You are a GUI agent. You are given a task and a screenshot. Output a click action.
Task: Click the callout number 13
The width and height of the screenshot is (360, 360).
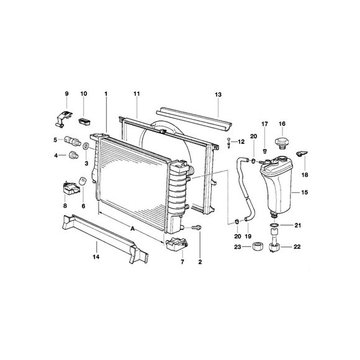click(x=218, y=94)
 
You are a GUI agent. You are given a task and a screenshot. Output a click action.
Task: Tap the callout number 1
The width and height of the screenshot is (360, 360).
click(x=106, y=94)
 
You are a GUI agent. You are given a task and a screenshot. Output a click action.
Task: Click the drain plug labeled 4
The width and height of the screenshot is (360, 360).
click(x=75, y=155)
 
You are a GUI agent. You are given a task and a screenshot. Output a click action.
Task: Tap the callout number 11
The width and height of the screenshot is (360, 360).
click(x=136, y=94)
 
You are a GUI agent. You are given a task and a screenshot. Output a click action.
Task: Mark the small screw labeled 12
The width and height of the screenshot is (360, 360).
click(x=229, y=143)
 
